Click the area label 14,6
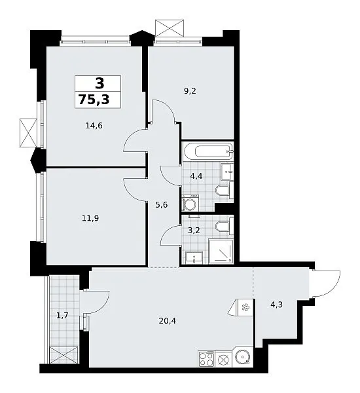[94, 126]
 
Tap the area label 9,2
[190, 91]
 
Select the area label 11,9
[90, 218]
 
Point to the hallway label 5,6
[161, 205]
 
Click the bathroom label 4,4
[196, 176]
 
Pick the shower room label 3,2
[194, 230]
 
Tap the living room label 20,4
[168, 320]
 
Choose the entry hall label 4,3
[277, 305]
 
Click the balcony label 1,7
[62, 315]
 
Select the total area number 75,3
[94, 100]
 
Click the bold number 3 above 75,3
[99, 83]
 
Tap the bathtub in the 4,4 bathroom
[207, 151]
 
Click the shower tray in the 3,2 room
[221, 252]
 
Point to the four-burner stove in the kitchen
[206, 359]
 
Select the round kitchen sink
[242, 356]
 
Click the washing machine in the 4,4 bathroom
[190, 203]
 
